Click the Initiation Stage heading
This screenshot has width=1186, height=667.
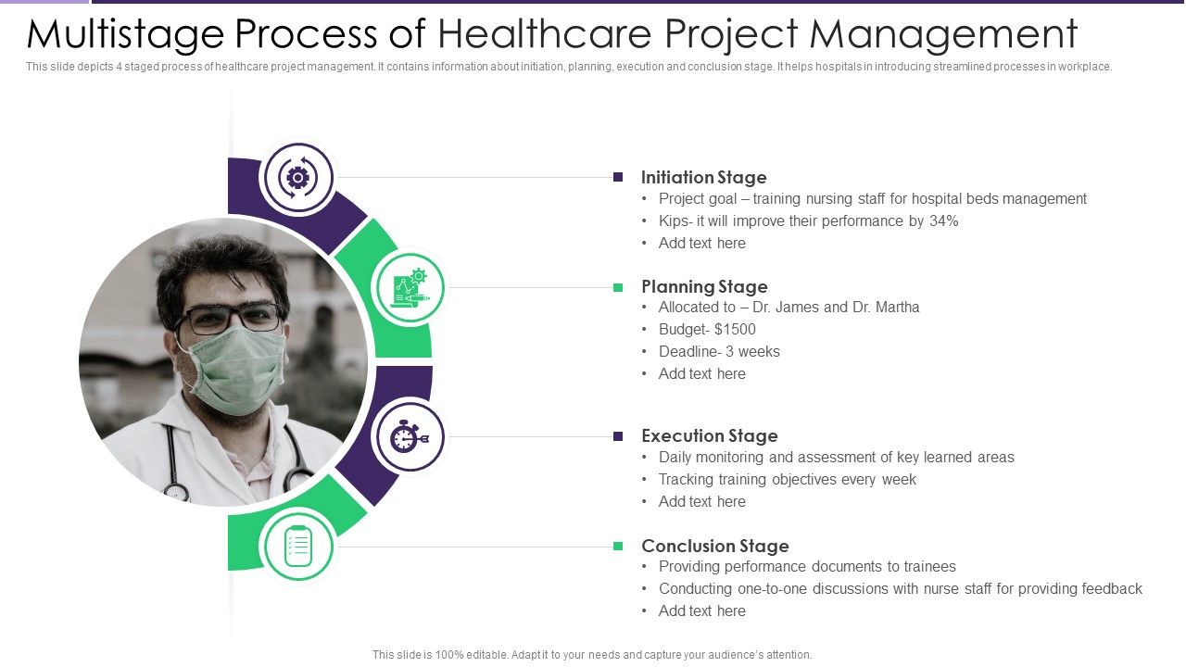[703, 177]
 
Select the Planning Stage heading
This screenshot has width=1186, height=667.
[704, 286]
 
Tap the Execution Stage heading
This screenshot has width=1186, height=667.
[709, 435]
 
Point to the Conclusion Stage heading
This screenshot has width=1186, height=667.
[714, 546]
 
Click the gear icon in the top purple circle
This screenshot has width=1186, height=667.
[297, 177]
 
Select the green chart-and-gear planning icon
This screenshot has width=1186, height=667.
[410, 287]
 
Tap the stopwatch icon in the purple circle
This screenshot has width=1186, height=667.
[407, 436]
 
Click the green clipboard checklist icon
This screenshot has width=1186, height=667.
[297, 546]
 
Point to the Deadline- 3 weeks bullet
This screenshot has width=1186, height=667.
[719, 351]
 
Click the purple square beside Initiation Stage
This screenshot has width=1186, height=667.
[618, 177]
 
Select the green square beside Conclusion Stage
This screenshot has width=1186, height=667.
[618, 546]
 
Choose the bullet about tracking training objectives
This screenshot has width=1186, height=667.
[787, 479]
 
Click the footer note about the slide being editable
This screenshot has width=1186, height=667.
[592, 654]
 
